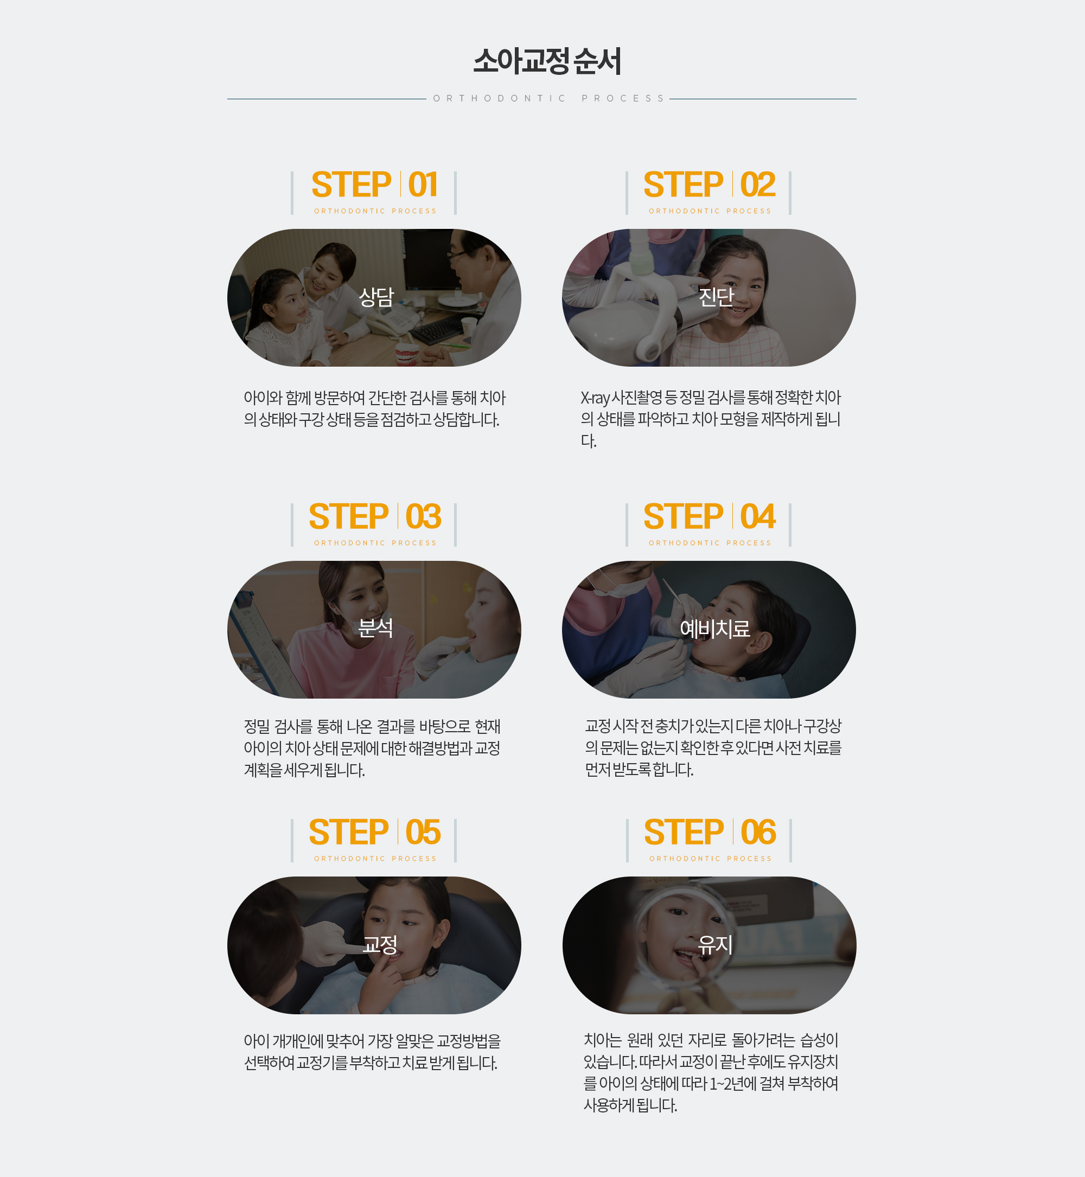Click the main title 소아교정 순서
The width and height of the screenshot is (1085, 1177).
pos(547,61)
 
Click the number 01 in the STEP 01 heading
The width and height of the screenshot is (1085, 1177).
pos(423,185)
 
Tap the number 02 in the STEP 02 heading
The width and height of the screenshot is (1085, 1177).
pos(757,185)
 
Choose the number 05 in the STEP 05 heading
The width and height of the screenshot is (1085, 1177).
pos(423,833)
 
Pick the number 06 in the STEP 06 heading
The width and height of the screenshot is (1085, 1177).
pos(758,833)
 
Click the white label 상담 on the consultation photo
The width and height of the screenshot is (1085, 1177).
pos(376,297)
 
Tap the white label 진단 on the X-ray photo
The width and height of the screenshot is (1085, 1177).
pos(716,297)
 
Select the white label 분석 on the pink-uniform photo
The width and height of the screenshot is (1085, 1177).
pos(376,628)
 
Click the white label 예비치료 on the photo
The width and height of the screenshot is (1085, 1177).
pos(715,629)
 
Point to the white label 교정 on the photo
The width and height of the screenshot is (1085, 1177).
pos(380,944)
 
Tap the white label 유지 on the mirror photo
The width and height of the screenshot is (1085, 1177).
pos(715,944)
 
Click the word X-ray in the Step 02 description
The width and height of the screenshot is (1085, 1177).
pos(595,398)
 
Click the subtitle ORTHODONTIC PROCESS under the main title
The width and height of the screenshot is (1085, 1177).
pos(548,99)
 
